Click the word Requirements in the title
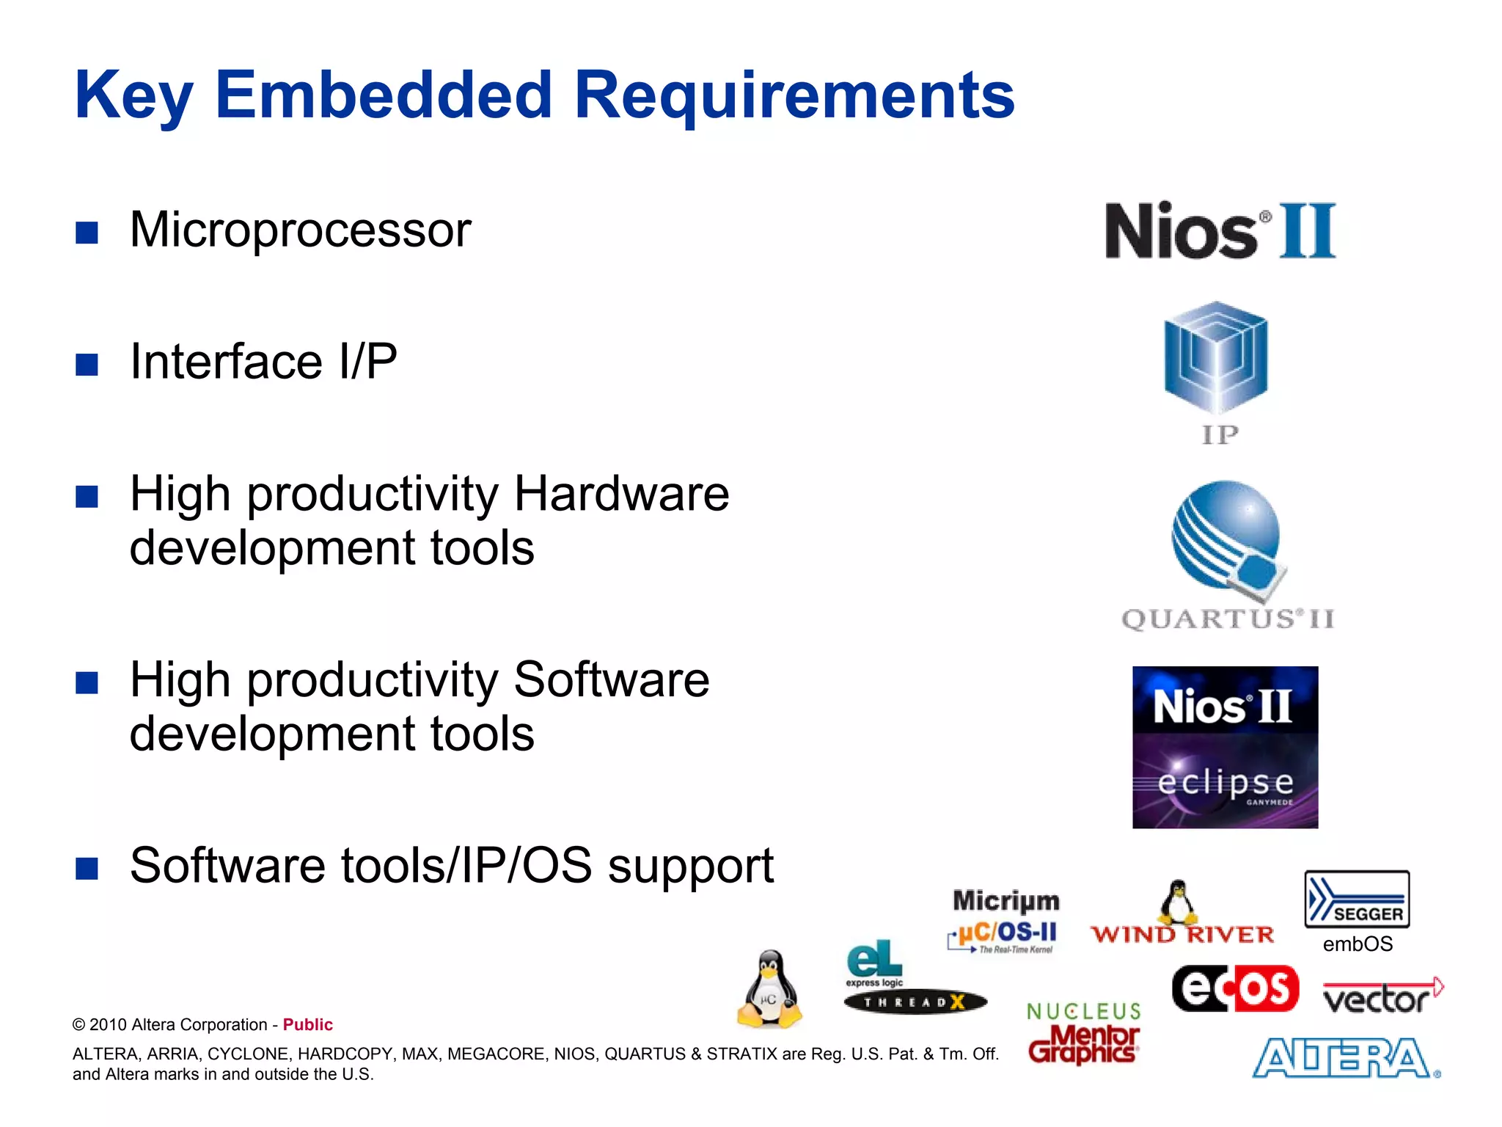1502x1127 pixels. [x=794, y=95]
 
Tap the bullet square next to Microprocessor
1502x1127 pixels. [x=87, y=233]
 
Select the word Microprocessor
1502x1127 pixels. [x=300, y=230]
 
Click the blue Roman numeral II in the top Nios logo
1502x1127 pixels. [x=1308, y=231]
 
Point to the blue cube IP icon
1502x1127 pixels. [x=1216, y=358]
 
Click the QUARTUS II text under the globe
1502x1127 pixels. [x=1227, y=619]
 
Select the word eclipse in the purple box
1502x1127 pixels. [x=1226, y=782]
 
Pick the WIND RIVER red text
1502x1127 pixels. [x=1182, y=935]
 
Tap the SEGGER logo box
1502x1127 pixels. [x=1357, y=900]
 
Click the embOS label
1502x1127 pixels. [x=1358, y=944]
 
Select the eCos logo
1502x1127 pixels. [x=1235, y=989]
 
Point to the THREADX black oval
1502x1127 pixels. [x=915, y=1002]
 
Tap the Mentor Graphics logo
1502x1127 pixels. [x=1083, y=1043]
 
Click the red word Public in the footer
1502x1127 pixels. [x=307, y=1025]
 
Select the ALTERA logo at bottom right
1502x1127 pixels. [x=1345, y=1059]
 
